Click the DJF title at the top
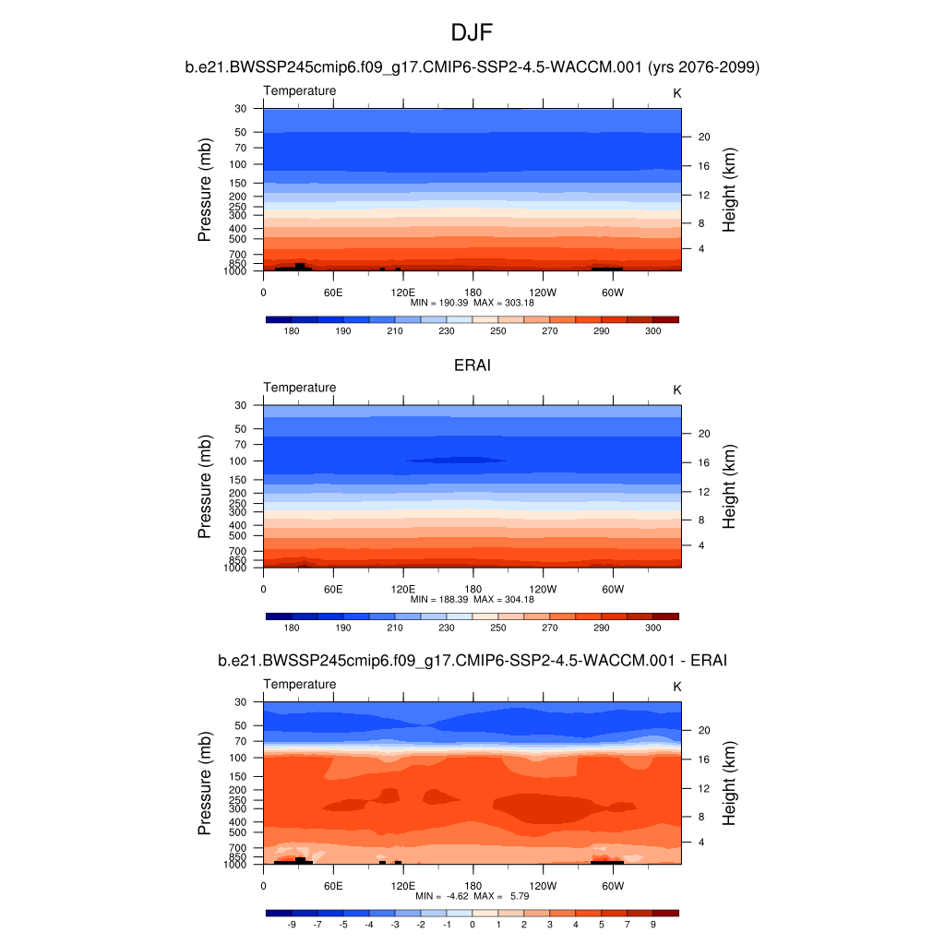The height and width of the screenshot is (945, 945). tap(472, 33)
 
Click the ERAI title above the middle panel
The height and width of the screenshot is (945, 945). tap(472, 365)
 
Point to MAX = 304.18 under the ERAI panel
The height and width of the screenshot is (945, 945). tap(500, 599)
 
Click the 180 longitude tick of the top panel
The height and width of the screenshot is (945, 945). tap(472, 293)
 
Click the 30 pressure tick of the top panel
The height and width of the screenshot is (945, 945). tap(241, 109)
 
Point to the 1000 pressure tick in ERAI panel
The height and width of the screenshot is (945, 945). tap(236, 568)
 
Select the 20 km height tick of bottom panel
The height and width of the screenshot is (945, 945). tap(702, 730)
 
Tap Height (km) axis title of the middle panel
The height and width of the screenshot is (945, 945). tap(729, 487)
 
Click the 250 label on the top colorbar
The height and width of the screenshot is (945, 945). tap(498, 330)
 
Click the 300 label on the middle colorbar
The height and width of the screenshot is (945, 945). tap(652, 627)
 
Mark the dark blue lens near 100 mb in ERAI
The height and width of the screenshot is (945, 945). tap(457, 460)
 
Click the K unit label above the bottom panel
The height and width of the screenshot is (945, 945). tap(676, 687)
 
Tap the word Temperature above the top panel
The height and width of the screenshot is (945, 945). tap(300, 90)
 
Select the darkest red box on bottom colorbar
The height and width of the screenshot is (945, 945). tap(665, 913)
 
